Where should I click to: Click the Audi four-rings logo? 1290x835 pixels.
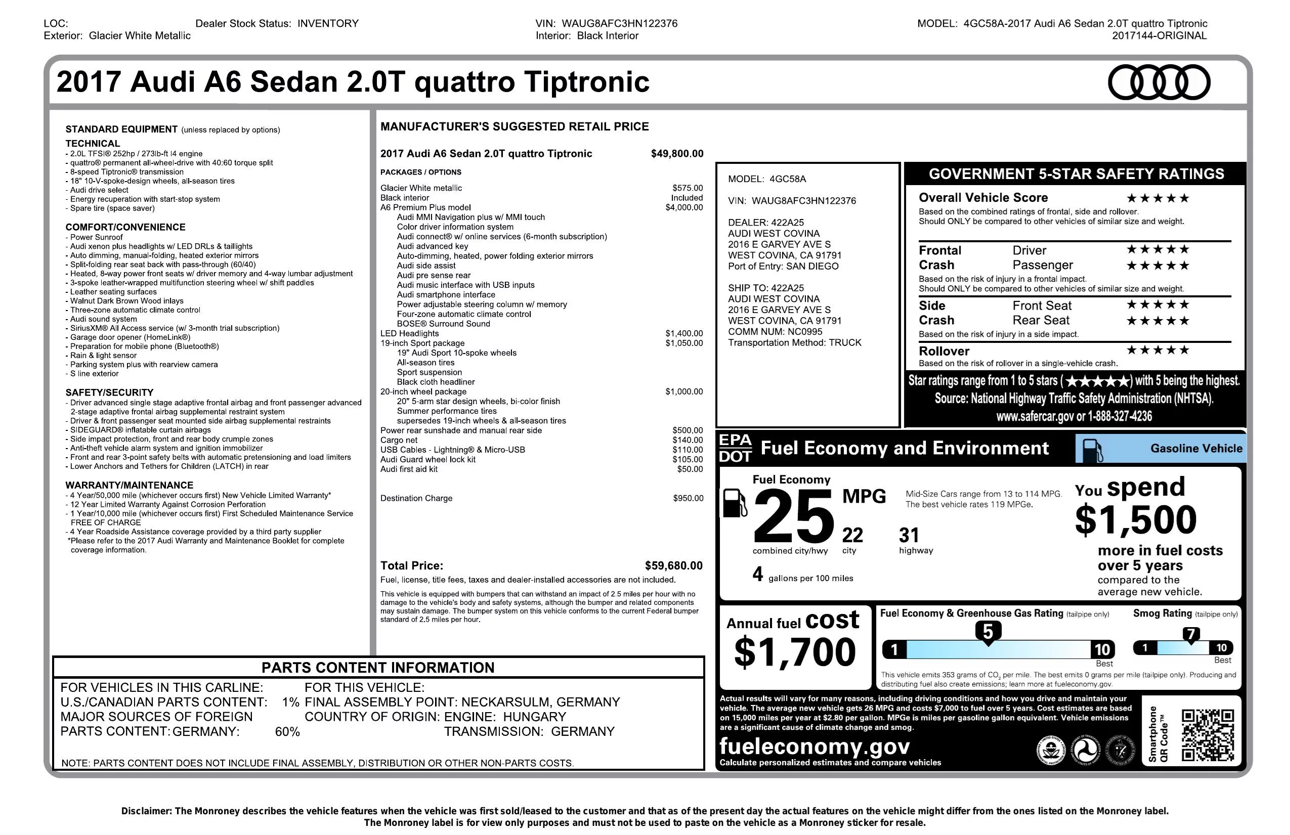point(1158,82)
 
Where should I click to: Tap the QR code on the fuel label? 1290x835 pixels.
point(1208,735)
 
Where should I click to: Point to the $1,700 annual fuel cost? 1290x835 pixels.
point(795,652)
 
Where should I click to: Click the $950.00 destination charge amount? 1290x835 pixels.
point(688,498)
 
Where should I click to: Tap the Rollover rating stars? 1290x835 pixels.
point(1158,350)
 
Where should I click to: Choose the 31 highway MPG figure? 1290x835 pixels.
point(909,536)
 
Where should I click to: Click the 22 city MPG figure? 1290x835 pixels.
point(852,536)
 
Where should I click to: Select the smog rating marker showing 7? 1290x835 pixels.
point(1191,634)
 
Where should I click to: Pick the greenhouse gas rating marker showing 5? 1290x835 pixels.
point(987,632)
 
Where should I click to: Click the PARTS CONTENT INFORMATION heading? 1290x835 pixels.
point(378,667)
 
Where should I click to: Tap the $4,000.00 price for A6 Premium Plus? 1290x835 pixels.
point(684,207)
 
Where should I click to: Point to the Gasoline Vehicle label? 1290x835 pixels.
point(1196,448)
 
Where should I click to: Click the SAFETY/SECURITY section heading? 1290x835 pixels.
point(109,392)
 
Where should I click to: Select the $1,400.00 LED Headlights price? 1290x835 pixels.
point(684,333)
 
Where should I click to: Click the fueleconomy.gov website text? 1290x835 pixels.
point(814,746)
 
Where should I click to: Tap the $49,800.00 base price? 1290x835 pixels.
point(677,153)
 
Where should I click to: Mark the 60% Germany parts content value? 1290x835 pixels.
point(287,731)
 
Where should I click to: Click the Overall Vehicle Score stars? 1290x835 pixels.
point(1158,198)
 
